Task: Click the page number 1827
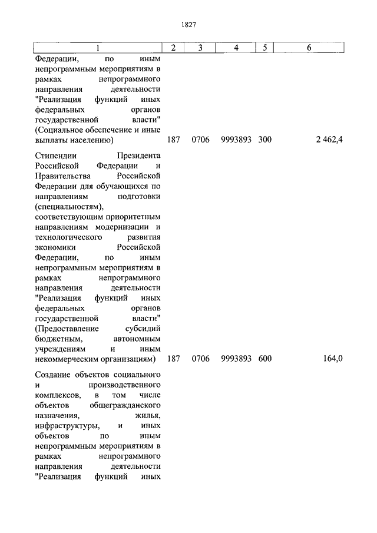[188, 25]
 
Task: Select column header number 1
[97, 48]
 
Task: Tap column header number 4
[236, 48]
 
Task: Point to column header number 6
[309, 48]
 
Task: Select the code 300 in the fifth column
[265, 140]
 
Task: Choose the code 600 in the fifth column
[265, 358]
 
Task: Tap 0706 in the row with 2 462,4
[200, 140]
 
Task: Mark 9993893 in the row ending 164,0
[236, 358]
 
